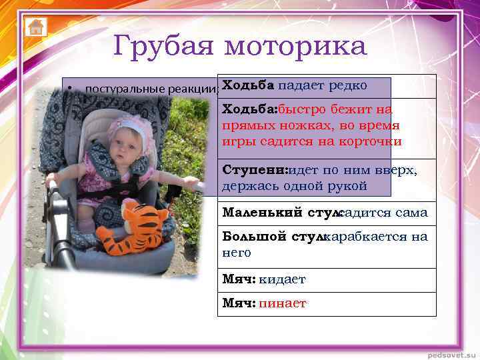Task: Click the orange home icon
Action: point(35,27)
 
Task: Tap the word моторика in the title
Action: point(295,47)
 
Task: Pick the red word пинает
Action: point(283,303)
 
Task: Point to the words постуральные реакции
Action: point(151,89)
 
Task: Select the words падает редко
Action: point(323,85)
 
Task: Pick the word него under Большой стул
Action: point(237,253)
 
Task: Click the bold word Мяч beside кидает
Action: point(239,280)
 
